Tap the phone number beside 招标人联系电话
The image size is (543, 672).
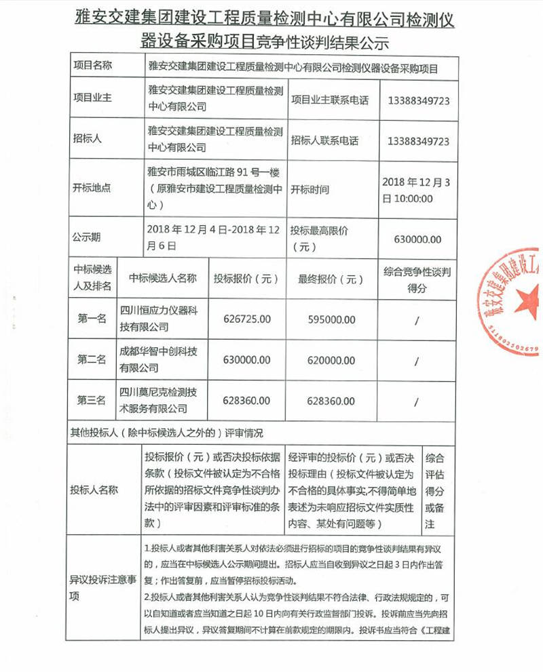pyautogui.click(x=418, y=141)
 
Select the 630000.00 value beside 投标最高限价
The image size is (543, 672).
pyautogui.click(x=417, y=239)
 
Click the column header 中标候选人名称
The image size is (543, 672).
pyautogui.click(x=163, y=278)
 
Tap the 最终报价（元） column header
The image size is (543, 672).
pyautogui.click(x=326, y=278)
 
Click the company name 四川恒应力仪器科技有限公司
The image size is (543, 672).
pyautogui.click(x=158, y=319)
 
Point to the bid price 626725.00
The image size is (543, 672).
pyautogui.click(x=246, y=318)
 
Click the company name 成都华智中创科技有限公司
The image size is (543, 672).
pyautogui.click(x=158, y=359)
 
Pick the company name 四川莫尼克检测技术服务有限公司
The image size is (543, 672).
pyautogui.click(x=158, y=400)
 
